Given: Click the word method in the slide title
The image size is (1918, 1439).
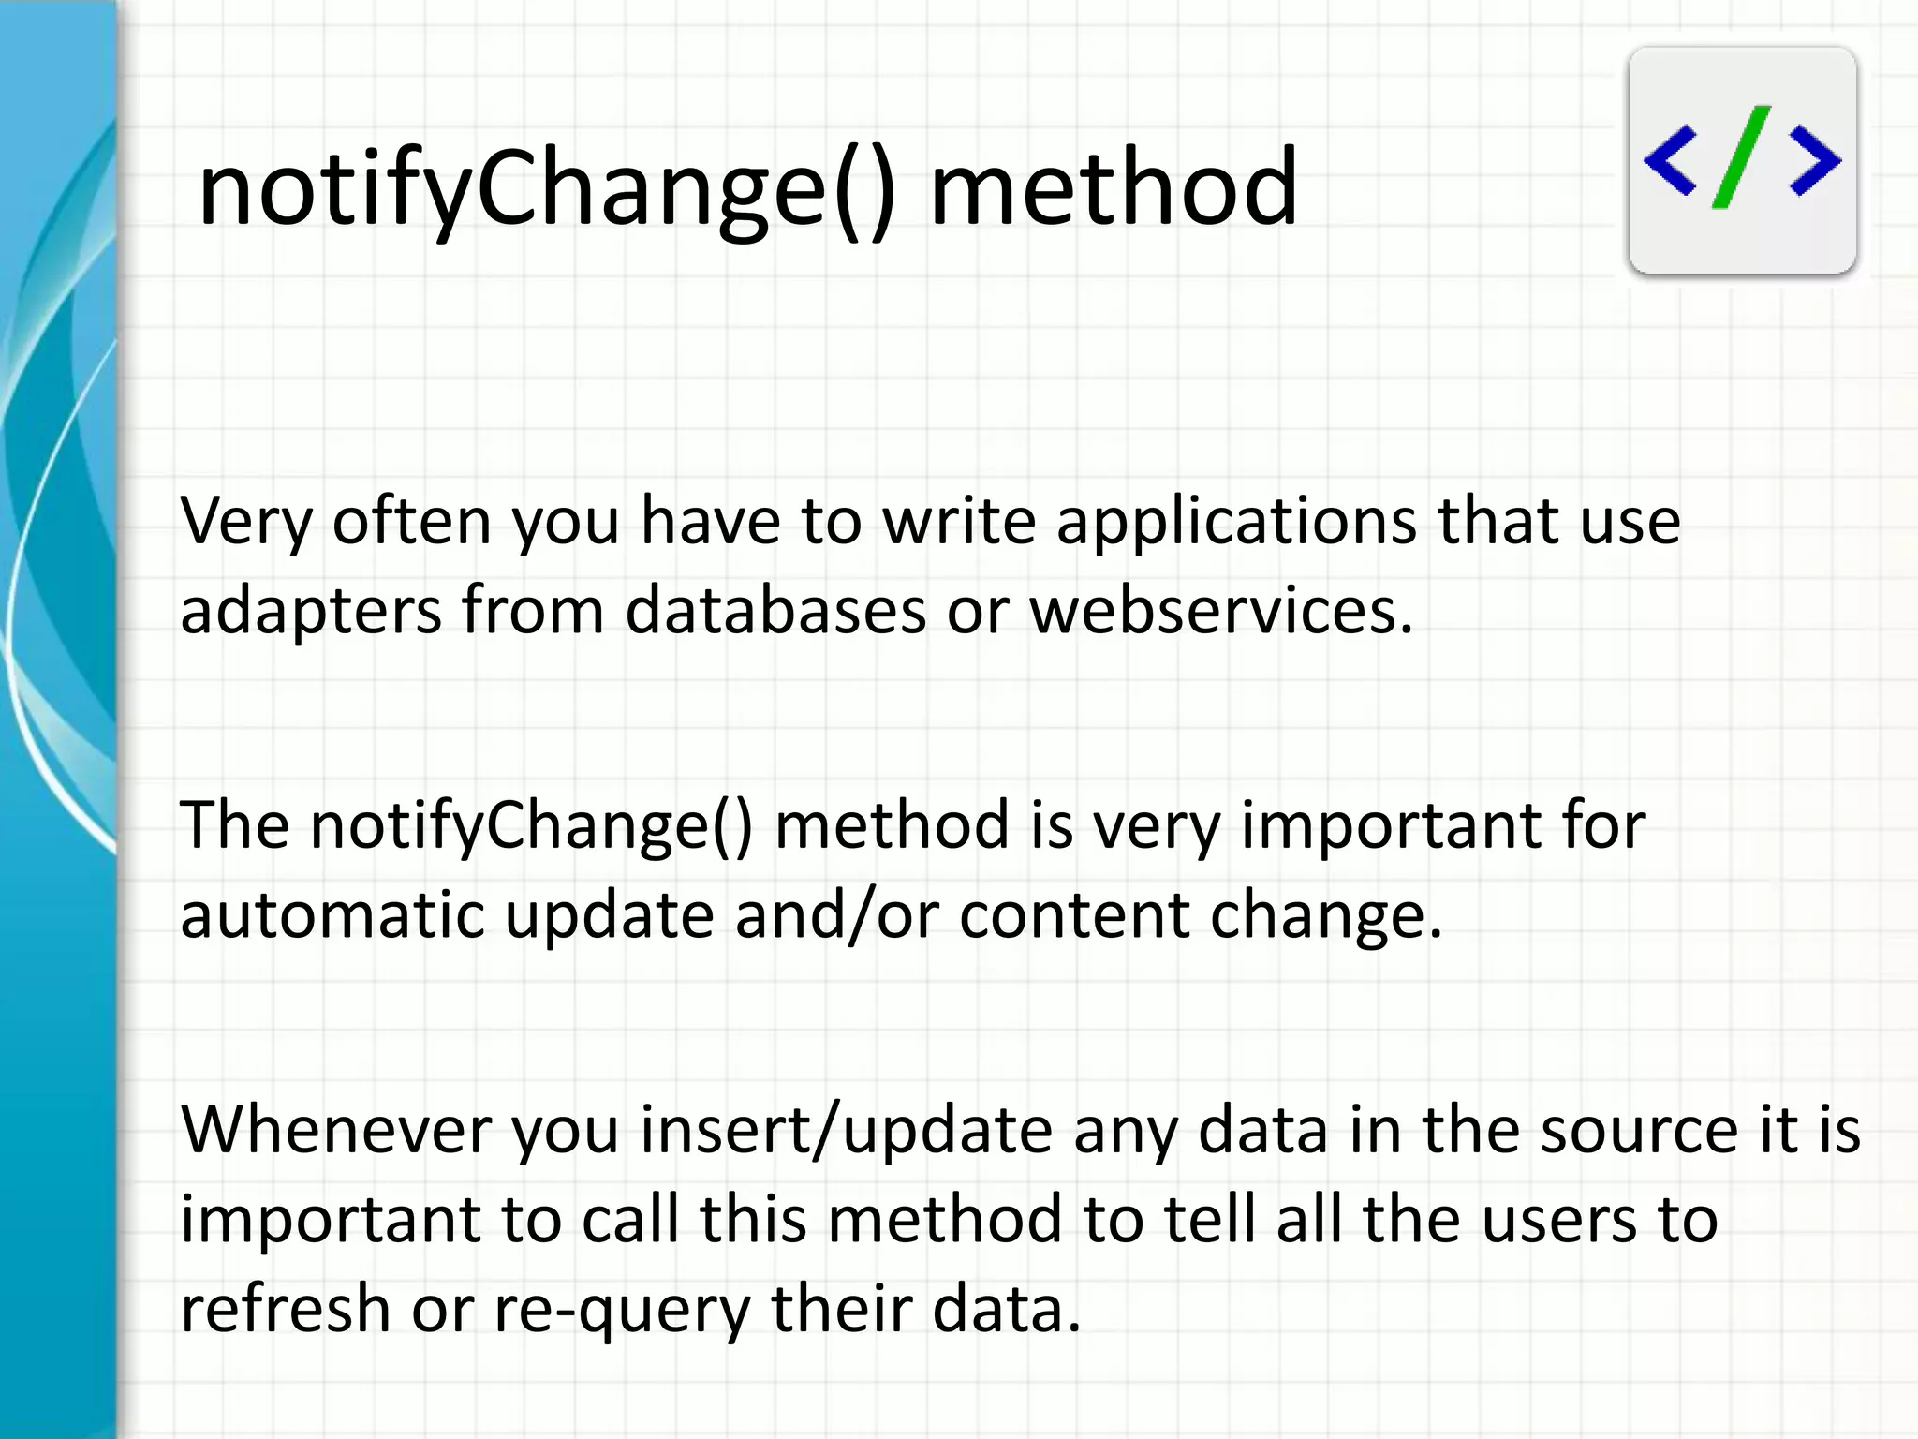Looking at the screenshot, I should click(x=1114, y=189).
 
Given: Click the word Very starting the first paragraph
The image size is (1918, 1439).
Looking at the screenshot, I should click(x=245, y=522).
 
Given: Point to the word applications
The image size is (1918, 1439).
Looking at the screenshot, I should click(x=1236, y=522).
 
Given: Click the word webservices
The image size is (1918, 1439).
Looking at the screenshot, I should click(x=1220, y=610).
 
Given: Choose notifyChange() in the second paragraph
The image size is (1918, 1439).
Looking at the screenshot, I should click(x=531, y=826).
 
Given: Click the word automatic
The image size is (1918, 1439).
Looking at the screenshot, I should click(x=332, y=915).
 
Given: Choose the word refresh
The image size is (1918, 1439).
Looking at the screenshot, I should click(x=285, y=1309).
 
